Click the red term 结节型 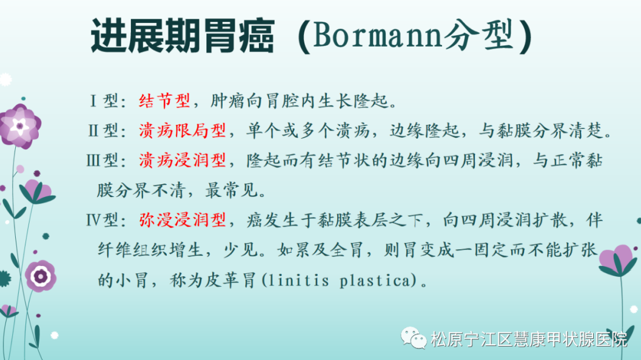164,101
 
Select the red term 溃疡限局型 183,130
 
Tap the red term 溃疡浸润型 183,160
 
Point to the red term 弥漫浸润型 183,220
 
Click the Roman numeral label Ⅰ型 104,101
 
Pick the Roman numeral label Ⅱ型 104,130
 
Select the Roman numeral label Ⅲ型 102,160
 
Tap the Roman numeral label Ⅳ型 102,220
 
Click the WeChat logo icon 414,338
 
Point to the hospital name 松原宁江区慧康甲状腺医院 529,339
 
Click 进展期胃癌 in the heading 183,36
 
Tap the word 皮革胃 230,281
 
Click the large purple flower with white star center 20,126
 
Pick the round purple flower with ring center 41,276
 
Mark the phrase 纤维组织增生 151,250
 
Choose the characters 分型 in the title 478,35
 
